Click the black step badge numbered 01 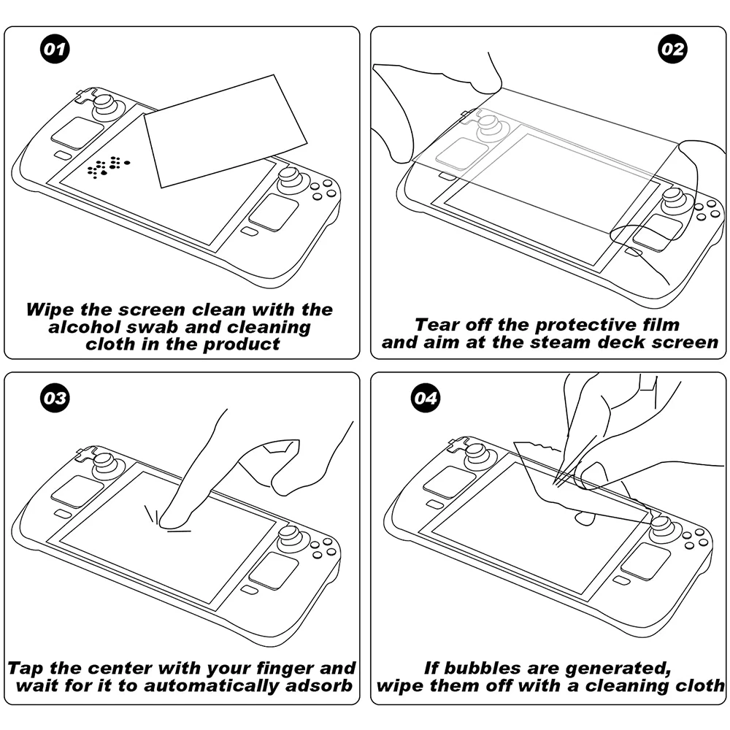coord(53,50)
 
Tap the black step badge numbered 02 coord(672,50)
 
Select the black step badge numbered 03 coord(53,399)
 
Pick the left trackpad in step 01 coord(77,133)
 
